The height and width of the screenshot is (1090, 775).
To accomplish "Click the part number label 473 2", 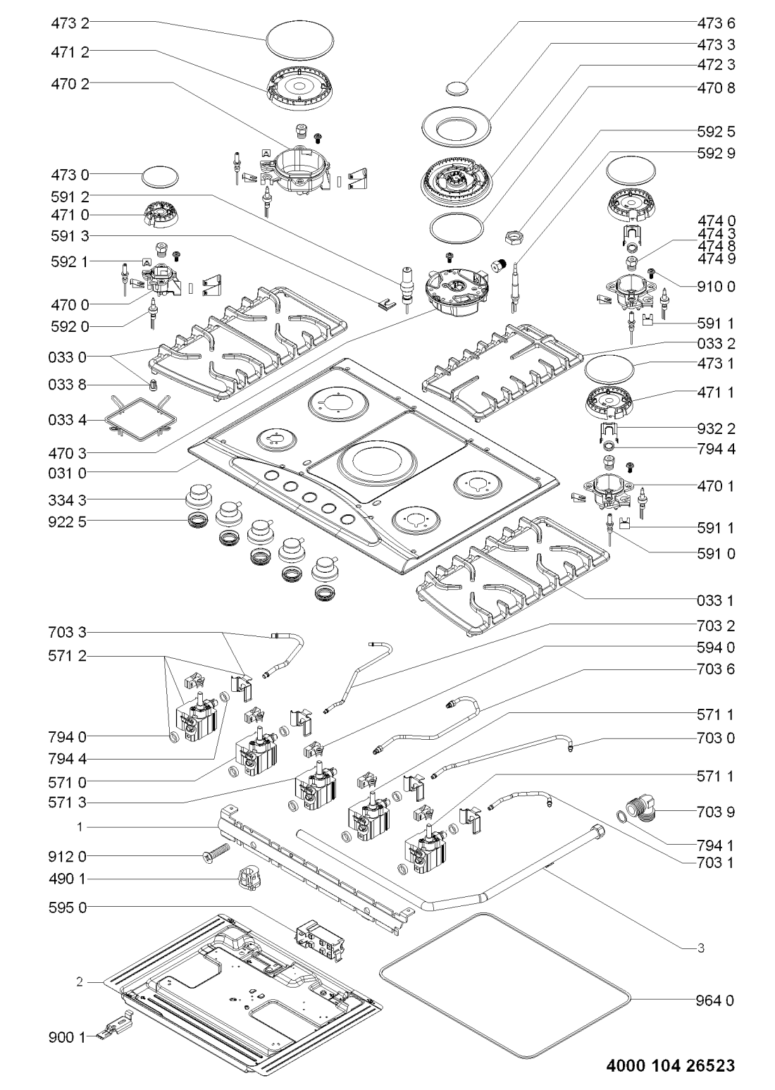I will pos(70,23).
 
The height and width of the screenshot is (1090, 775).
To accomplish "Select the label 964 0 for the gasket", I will pos(716,999).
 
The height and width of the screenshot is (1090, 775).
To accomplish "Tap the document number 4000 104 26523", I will pos(670,1065).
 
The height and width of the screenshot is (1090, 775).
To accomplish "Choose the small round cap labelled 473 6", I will pos(457,87).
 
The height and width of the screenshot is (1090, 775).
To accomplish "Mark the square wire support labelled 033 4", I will pos(139,421).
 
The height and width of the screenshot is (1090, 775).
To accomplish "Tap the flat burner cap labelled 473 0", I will pos(159,176).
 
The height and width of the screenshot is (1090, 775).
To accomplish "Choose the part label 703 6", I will pos(716,669).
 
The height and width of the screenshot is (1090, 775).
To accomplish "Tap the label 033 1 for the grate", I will pos(716,600).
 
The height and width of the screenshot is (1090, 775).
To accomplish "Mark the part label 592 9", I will pos(716,151).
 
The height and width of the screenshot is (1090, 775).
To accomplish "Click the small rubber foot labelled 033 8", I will pos(154,384).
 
